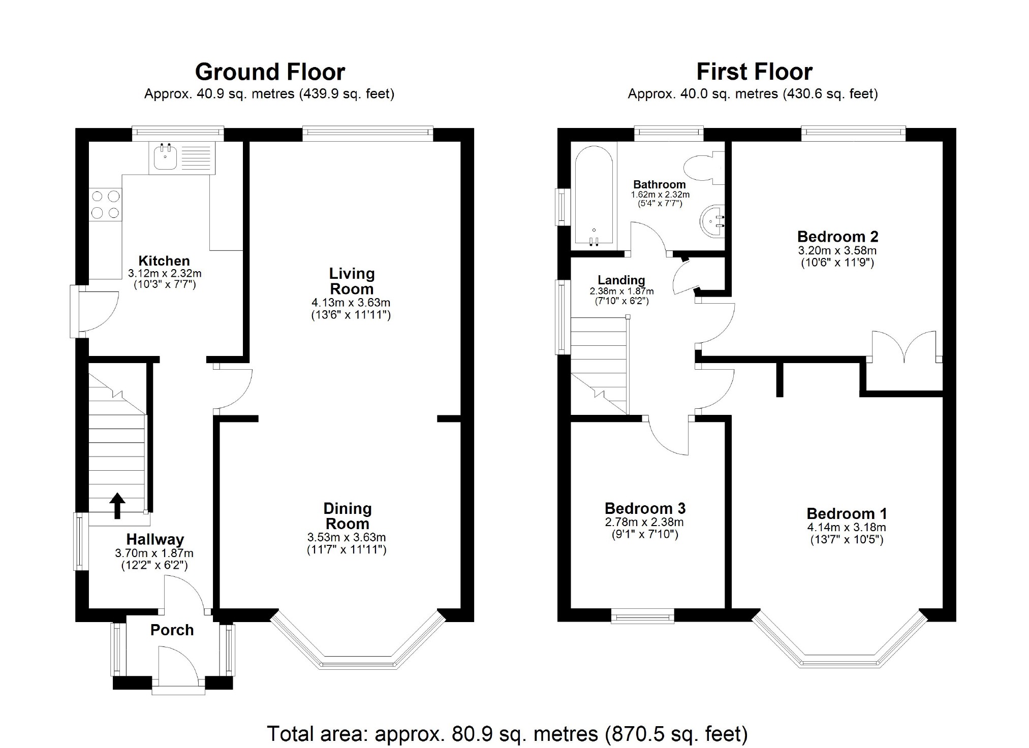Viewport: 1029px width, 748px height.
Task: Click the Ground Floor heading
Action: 270,72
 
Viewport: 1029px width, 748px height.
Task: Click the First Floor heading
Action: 754,72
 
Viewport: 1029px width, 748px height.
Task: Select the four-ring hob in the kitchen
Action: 106,204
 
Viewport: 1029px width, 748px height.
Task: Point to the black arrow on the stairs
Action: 117,505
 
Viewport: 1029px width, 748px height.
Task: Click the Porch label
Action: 172,630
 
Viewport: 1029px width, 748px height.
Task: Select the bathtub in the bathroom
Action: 594,196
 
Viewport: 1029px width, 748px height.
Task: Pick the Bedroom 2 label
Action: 837,237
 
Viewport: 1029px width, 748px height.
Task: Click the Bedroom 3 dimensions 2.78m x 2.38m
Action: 644,522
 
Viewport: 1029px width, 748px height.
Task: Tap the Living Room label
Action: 352,281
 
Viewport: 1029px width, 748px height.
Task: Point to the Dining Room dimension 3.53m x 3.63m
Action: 347,537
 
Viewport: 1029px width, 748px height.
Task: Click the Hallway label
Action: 155,539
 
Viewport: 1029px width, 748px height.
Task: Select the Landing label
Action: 621,280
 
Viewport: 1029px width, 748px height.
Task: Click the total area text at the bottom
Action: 507,734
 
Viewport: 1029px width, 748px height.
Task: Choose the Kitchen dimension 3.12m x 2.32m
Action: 165,273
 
